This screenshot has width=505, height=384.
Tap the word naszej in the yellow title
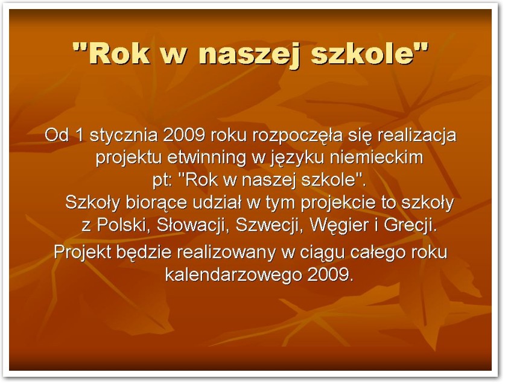pos(250,55)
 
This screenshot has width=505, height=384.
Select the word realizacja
pos(417,136)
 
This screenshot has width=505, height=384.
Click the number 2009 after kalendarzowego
pos(331,274)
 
